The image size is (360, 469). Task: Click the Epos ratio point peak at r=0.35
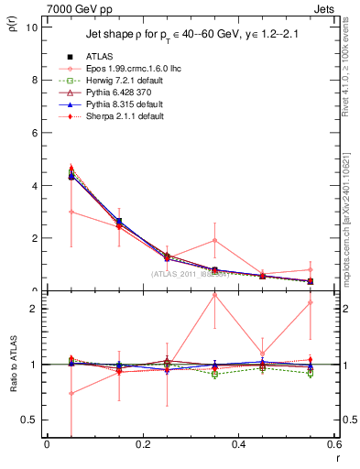point(214,295)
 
